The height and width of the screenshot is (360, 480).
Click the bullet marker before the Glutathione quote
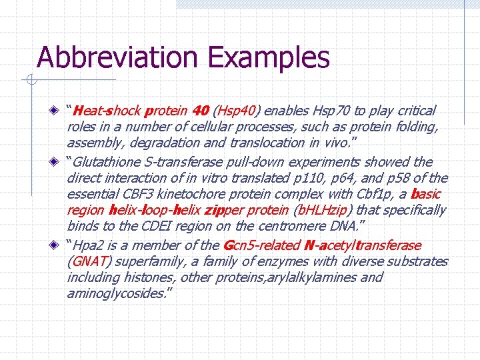(60, 162)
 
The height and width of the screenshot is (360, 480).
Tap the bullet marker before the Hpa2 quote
(60, 245)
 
